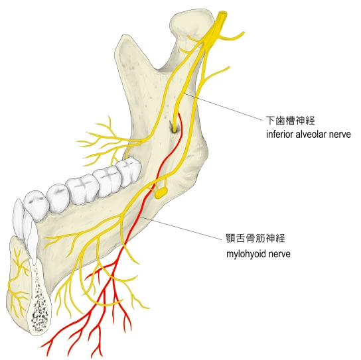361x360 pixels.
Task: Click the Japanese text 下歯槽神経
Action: click(290, 120)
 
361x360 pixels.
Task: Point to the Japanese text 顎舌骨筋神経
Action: click(255, 238)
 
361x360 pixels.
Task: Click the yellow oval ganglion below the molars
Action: click(161, 192)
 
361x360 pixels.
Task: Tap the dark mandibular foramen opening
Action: click(173, 128)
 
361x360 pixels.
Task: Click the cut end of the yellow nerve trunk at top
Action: click(223, 15)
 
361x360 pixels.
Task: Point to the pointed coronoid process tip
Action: click(125, 37)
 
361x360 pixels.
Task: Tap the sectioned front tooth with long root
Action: click(31, 236)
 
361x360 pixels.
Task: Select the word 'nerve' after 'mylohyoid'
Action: click(280, 254)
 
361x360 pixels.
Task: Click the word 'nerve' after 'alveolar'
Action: click(340, 135)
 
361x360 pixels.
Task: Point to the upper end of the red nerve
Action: click(179, 113)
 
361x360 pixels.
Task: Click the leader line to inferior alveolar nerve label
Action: click(223, 107)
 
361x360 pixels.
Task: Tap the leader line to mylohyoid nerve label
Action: click(182, 229)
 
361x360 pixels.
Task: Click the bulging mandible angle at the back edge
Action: click(198, 158)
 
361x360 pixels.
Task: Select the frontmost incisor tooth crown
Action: click(19, 217)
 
